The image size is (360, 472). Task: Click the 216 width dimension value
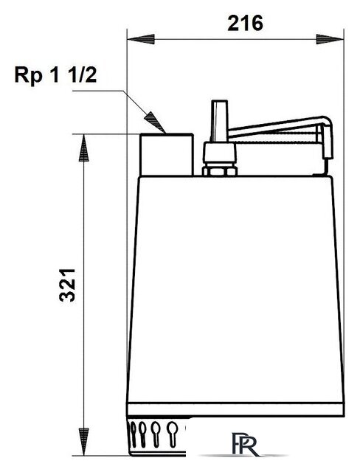(x=245, y=23)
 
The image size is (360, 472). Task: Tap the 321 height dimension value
(x=67, y=285)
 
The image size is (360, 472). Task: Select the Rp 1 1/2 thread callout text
(x=55, y=75)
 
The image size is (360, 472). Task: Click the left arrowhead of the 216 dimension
(x=141, y=39)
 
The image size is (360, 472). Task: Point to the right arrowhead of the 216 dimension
(x=330, y=39)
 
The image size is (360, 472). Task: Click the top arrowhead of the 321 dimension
(x=83, y=147)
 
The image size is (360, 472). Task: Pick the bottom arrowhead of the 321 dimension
(x=83, y=442)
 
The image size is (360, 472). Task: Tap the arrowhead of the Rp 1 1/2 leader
(x=156, y=122)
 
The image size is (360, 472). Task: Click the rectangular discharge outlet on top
(x=167, y=154)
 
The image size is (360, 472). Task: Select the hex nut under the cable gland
(x=220, y=170)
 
